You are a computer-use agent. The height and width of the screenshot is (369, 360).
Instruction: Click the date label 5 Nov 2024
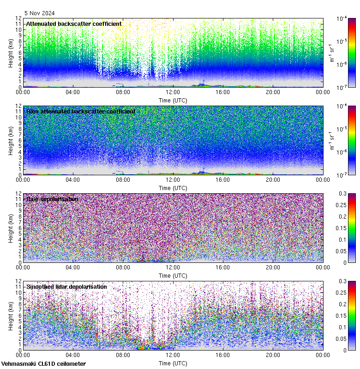tap(40, 13)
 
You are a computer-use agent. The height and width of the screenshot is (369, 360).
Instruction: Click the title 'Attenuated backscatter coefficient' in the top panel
tap(74, 24)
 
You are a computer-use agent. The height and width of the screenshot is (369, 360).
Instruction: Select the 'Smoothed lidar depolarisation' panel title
tap(66, 286)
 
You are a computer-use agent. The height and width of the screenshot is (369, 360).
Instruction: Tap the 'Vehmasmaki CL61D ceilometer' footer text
tap(43, 364)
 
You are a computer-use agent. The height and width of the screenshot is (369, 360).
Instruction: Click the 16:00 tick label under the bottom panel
tap(222, 355)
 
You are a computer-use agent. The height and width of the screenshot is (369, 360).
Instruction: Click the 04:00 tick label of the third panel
tap(72, 268)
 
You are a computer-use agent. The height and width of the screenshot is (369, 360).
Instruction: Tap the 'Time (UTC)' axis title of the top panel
tap(173, 100)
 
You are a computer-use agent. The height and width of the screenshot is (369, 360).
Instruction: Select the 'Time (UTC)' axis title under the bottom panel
tap(173, 363)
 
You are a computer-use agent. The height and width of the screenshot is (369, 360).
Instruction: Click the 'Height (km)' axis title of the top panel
tap(11, 53)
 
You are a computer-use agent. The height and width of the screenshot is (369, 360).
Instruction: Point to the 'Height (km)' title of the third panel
tap(11, 228)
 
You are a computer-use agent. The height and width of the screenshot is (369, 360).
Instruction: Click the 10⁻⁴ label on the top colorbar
tap(342, 19)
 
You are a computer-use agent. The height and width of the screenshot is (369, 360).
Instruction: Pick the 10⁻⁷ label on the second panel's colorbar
tap(342, 175)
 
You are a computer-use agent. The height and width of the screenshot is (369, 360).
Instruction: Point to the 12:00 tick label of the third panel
tap(173, 268)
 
